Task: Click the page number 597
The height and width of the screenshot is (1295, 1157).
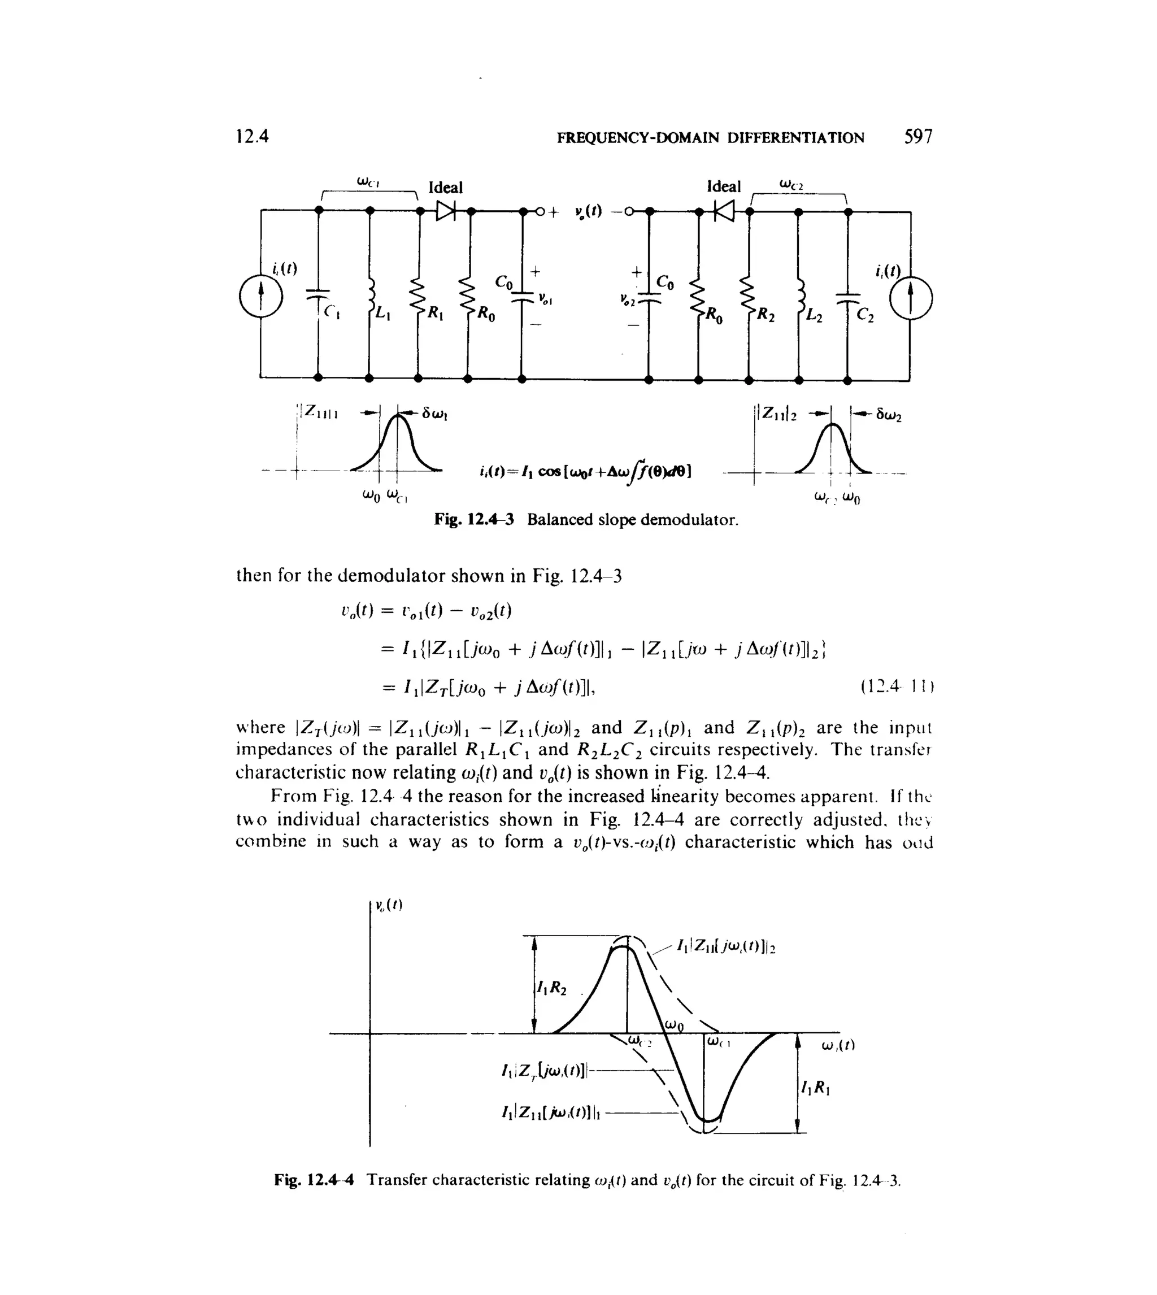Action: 918,137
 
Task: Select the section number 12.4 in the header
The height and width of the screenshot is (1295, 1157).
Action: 253,137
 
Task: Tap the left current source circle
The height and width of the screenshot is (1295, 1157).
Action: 260,297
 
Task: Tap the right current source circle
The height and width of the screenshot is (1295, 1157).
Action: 910,298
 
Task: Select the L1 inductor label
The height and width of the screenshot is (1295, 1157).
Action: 381,313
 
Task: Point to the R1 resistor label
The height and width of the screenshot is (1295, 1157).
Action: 435,313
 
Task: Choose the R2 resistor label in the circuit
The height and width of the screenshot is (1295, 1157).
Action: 766,315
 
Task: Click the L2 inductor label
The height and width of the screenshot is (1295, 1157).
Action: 814,315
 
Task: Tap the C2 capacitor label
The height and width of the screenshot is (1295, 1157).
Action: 865,315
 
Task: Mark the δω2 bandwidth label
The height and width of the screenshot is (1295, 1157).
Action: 888,416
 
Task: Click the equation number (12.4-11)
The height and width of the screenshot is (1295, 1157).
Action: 897,686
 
